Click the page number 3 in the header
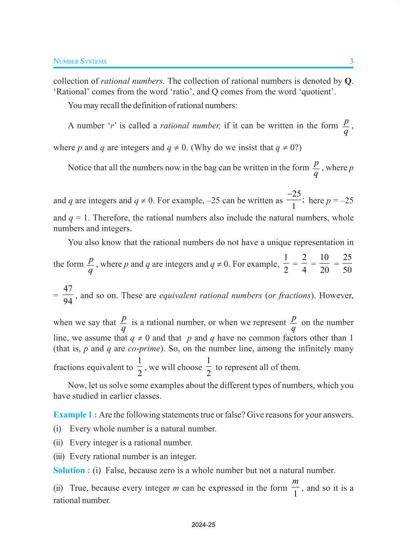[351, 61]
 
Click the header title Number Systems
[80, 61]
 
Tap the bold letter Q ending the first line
[348, 81]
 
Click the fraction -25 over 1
[294, 200]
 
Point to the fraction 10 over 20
[324, 263]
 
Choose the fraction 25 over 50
[347, 263]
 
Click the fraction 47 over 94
[68, 295]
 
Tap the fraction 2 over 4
[304, 263]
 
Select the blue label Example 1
[75, 415]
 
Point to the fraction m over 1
[295, 487]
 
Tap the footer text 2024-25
[203, 525]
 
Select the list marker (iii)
[59, 457]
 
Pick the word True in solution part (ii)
[78, 488]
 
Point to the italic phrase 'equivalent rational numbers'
[210, 295]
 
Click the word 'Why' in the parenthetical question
[203, 148]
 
